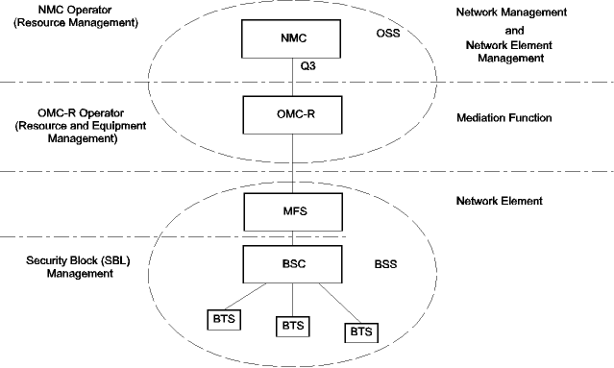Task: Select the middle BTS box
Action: [x=293, y=326]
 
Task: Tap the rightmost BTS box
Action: [x=360, y=331]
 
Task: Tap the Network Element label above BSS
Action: [x=501, y=201]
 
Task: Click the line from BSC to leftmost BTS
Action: [x=256, y=295]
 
